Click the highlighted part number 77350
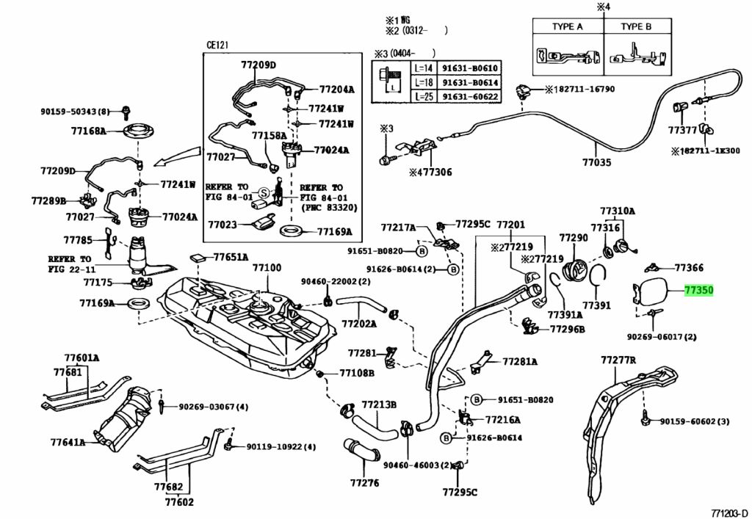pyautogui.click(x=698, y=291)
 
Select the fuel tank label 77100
pyautogui.click(x=267, y=268)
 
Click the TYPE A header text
pyautogui.click(x=567, y=26)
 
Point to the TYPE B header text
pyautogui.click(x=636, y=26)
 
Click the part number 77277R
pyautogui.click(x=618, y=360)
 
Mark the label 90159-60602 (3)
pyautogui.click(x=694, y=421)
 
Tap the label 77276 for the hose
pyautogui.click(x=364, y=483)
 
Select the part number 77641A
pyautogui.click(x=68, y=443)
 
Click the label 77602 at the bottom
pyautogui.click(x=179, y=502)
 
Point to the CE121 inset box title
pyautogui.click(x=217, y=45)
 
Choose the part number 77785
pyautogui.click(x=77, y=240)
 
